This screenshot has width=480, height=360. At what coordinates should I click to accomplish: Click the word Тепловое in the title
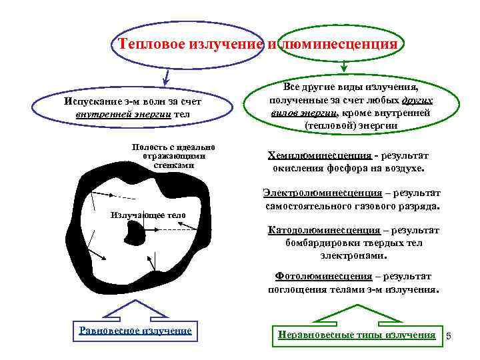(153, 44)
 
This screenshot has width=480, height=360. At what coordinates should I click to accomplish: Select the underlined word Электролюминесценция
(322, 193)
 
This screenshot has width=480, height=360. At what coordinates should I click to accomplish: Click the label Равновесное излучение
(135, 330)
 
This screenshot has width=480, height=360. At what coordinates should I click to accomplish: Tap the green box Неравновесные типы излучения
(357, 335)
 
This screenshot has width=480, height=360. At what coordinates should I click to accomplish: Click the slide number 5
(449, 335)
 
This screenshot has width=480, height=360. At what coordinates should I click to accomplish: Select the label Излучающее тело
(147, 215)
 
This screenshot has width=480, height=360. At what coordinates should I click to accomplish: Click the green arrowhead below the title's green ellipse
(344, 67)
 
